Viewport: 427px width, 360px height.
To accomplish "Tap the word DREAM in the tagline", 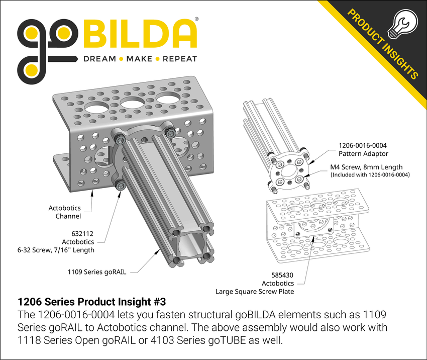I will [x=99, y=59].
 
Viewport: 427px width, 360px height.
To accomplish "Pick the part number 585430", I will [x=282, y=275].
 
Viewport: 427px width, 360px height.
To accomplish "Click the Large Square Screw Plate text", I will [x=255, y=291].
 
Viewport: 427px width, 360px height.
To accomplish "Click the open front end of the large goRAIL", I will [x=190, y=247].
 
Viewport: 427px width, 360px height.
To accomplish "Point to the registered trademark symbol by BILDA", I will [x=196, y=19].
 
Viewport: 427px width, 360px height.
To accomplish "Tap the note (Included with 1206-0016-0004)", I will [x=369, y=175].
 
